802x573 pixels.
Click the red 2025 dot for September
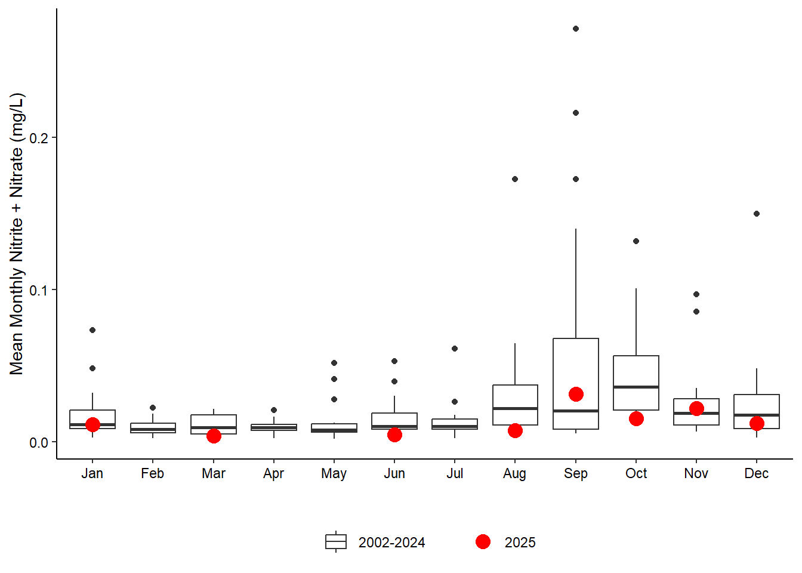(x=576, y=394)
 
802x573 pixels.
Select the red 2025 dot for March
(x=214, y=436)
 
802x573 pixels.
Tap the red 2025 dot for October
(x=636, y=418)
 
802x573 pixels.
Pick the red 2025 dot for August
(x=515, y=430)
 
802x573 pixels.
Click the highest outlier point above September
(x=576, y=29)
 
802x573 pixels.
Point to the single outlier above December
(x=757, y=214)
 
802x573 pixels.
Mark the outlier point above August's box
(x=515, y=179)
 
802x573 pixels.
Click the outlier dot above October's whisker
(x=636, y=241)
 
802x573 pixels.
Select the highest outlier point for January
(x=92, y=330)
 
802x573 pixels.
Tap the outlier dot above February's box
(x=153, y=408)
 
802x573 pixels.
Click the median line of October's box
(x=636, y=387)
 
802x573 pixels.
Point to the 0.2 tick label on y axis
(x=39, y=138)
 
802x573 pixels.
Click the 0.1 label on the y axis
(x=39, y=290)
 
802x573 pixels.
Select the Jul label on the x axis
(x=455, y=473)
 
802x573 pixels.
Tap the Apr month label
(x=274, y=473)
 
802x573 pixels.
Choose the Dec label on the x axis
(x=757, y=473)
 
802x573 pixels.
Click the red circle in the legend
(x=483, y=541)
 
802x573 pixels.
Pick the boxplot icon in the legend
(x=336, y=541)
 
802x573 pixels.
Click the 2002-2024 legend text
(x=391, y=543)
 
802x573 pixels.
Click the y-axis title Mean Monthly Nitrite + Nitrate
(x=17, y=234)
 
